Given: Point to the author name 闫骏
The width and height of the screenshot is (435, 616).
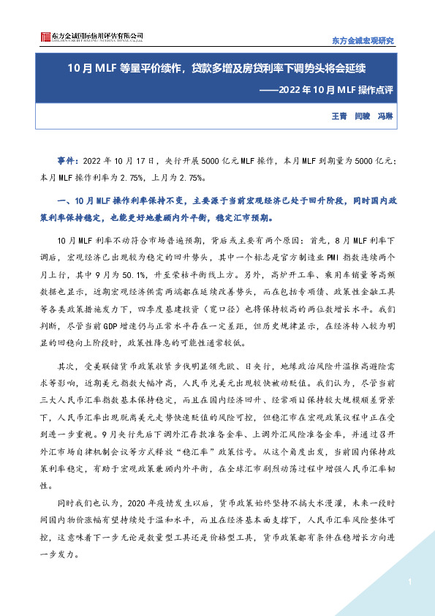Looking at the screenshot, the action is tap(362, 116).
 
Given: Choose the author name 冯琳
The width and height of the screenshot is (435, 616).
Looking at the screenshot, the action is tap(385, 116).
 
